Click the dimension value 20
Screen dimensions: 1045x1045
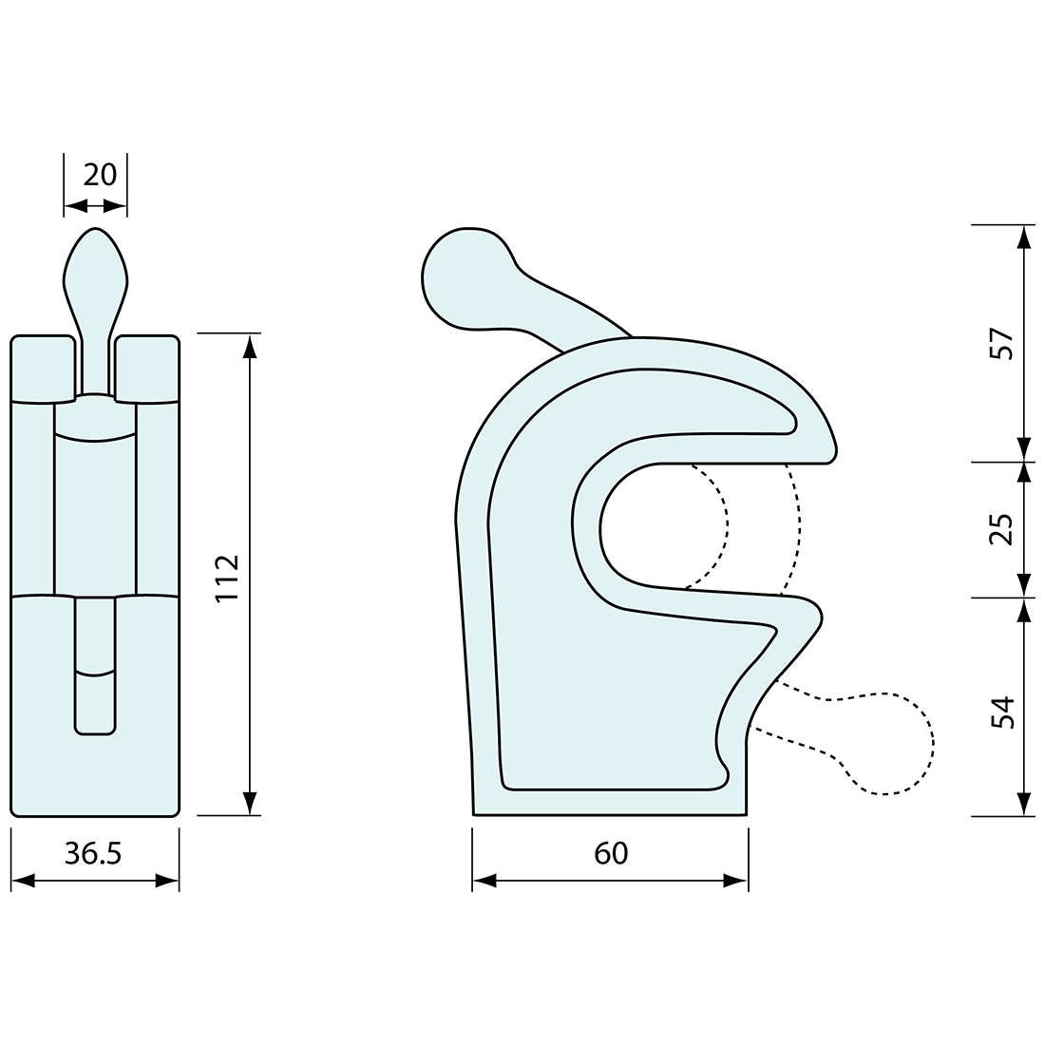[x=100, y=175]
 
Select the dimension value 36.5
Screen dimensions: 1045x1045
[x=93, y=854]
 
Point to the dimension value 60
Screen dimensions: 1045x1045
[x=611, y=853]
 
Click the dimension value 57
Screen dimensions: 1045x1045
[x=1003, y=344]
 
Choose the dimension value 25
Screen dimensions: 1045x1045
[x=1003, y=530]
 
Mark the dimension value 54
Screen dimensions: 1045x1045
[x=1003, y=711]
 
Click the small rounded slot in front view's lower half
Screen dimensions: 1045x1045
[x=95, y=665]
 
